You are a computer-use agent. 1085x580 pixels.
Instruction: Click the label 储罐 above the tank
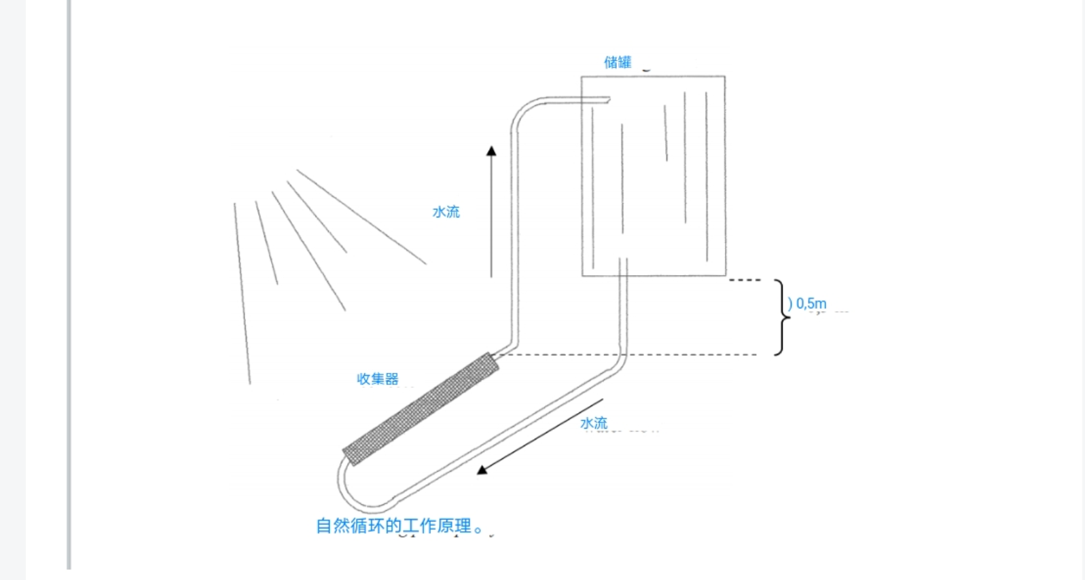point(618,62)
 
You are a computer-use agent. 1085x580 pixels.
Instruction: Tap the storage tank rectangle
point(652,177)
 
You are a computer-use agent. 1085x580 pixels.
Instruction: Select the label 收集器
point(378,379)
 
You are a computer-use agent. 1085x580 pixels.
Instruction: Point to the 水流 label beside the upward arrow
point(446,212)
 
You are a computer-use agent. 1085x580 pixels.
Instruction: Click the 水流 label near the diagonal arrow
point(594,423)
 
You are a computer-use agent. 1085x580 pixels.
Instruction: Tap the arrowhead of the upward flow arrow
point(491,151)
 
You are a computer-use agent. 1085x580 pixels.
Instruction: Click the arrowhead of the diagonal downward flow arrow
point(482,469)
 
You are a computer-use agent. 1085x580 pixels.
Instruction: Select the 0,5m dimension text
point(811,304)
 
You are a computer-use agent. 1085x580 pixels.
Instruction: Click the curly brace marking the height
point(782,316)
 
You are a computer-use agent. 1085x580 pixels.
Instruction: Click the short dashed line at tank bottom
point(745,280)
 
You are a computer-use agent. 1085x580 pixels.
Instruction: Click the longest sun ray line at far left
point(242,292)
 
